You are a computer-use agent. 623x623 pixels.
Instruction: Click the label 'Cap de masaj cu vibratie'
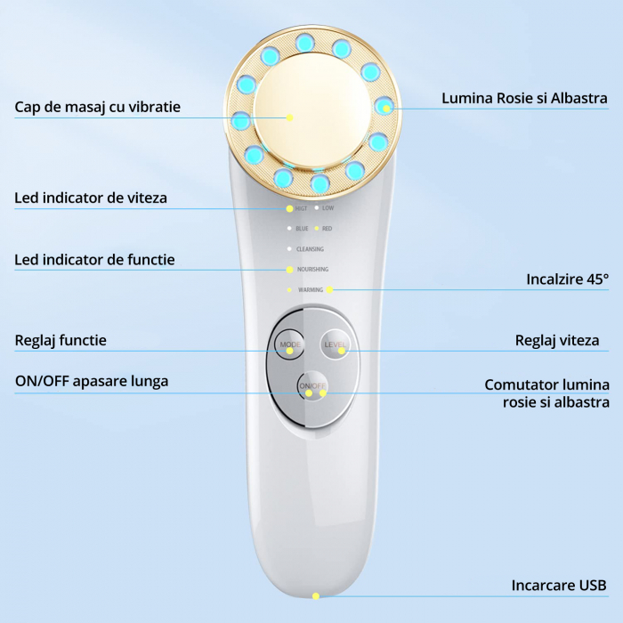pos(97,107)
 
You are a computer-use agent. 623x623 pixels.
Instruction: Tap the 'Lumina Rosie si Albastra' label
pos(525,98)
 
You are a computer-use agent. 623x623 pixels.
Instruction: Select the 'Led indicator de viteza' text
pos(91,198)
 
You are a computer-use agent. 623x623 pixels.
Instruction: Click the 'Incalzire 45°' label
pos(567,279)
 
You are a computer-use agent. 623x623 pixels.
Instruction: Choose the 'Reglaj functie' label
pos(61,340)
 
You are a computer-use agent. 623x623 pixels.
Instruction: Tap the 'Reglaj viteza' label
pos(557,340)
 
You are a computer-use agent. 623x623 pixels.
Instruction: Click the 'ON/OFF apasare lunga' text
pos(92,381)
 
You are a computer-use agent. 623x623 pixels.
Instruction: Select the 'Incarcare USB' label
pos(559,586)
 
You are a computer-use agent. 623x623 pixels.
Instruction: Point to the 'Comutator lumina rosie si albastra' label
pos(546,393)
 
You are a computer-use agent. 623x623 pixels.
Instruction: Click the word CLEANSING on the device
pos(310,249)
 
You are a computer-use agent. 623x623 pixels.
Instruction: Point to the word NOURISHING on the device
pos(311,269)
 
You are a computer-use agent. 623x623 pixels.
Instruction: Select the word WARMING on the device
pos(311,289)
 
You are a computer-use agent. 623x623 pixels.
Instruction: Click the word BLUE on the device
pos(302,229)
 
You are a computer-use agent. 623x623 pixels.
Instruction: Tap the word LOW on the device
pos(328,208)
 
